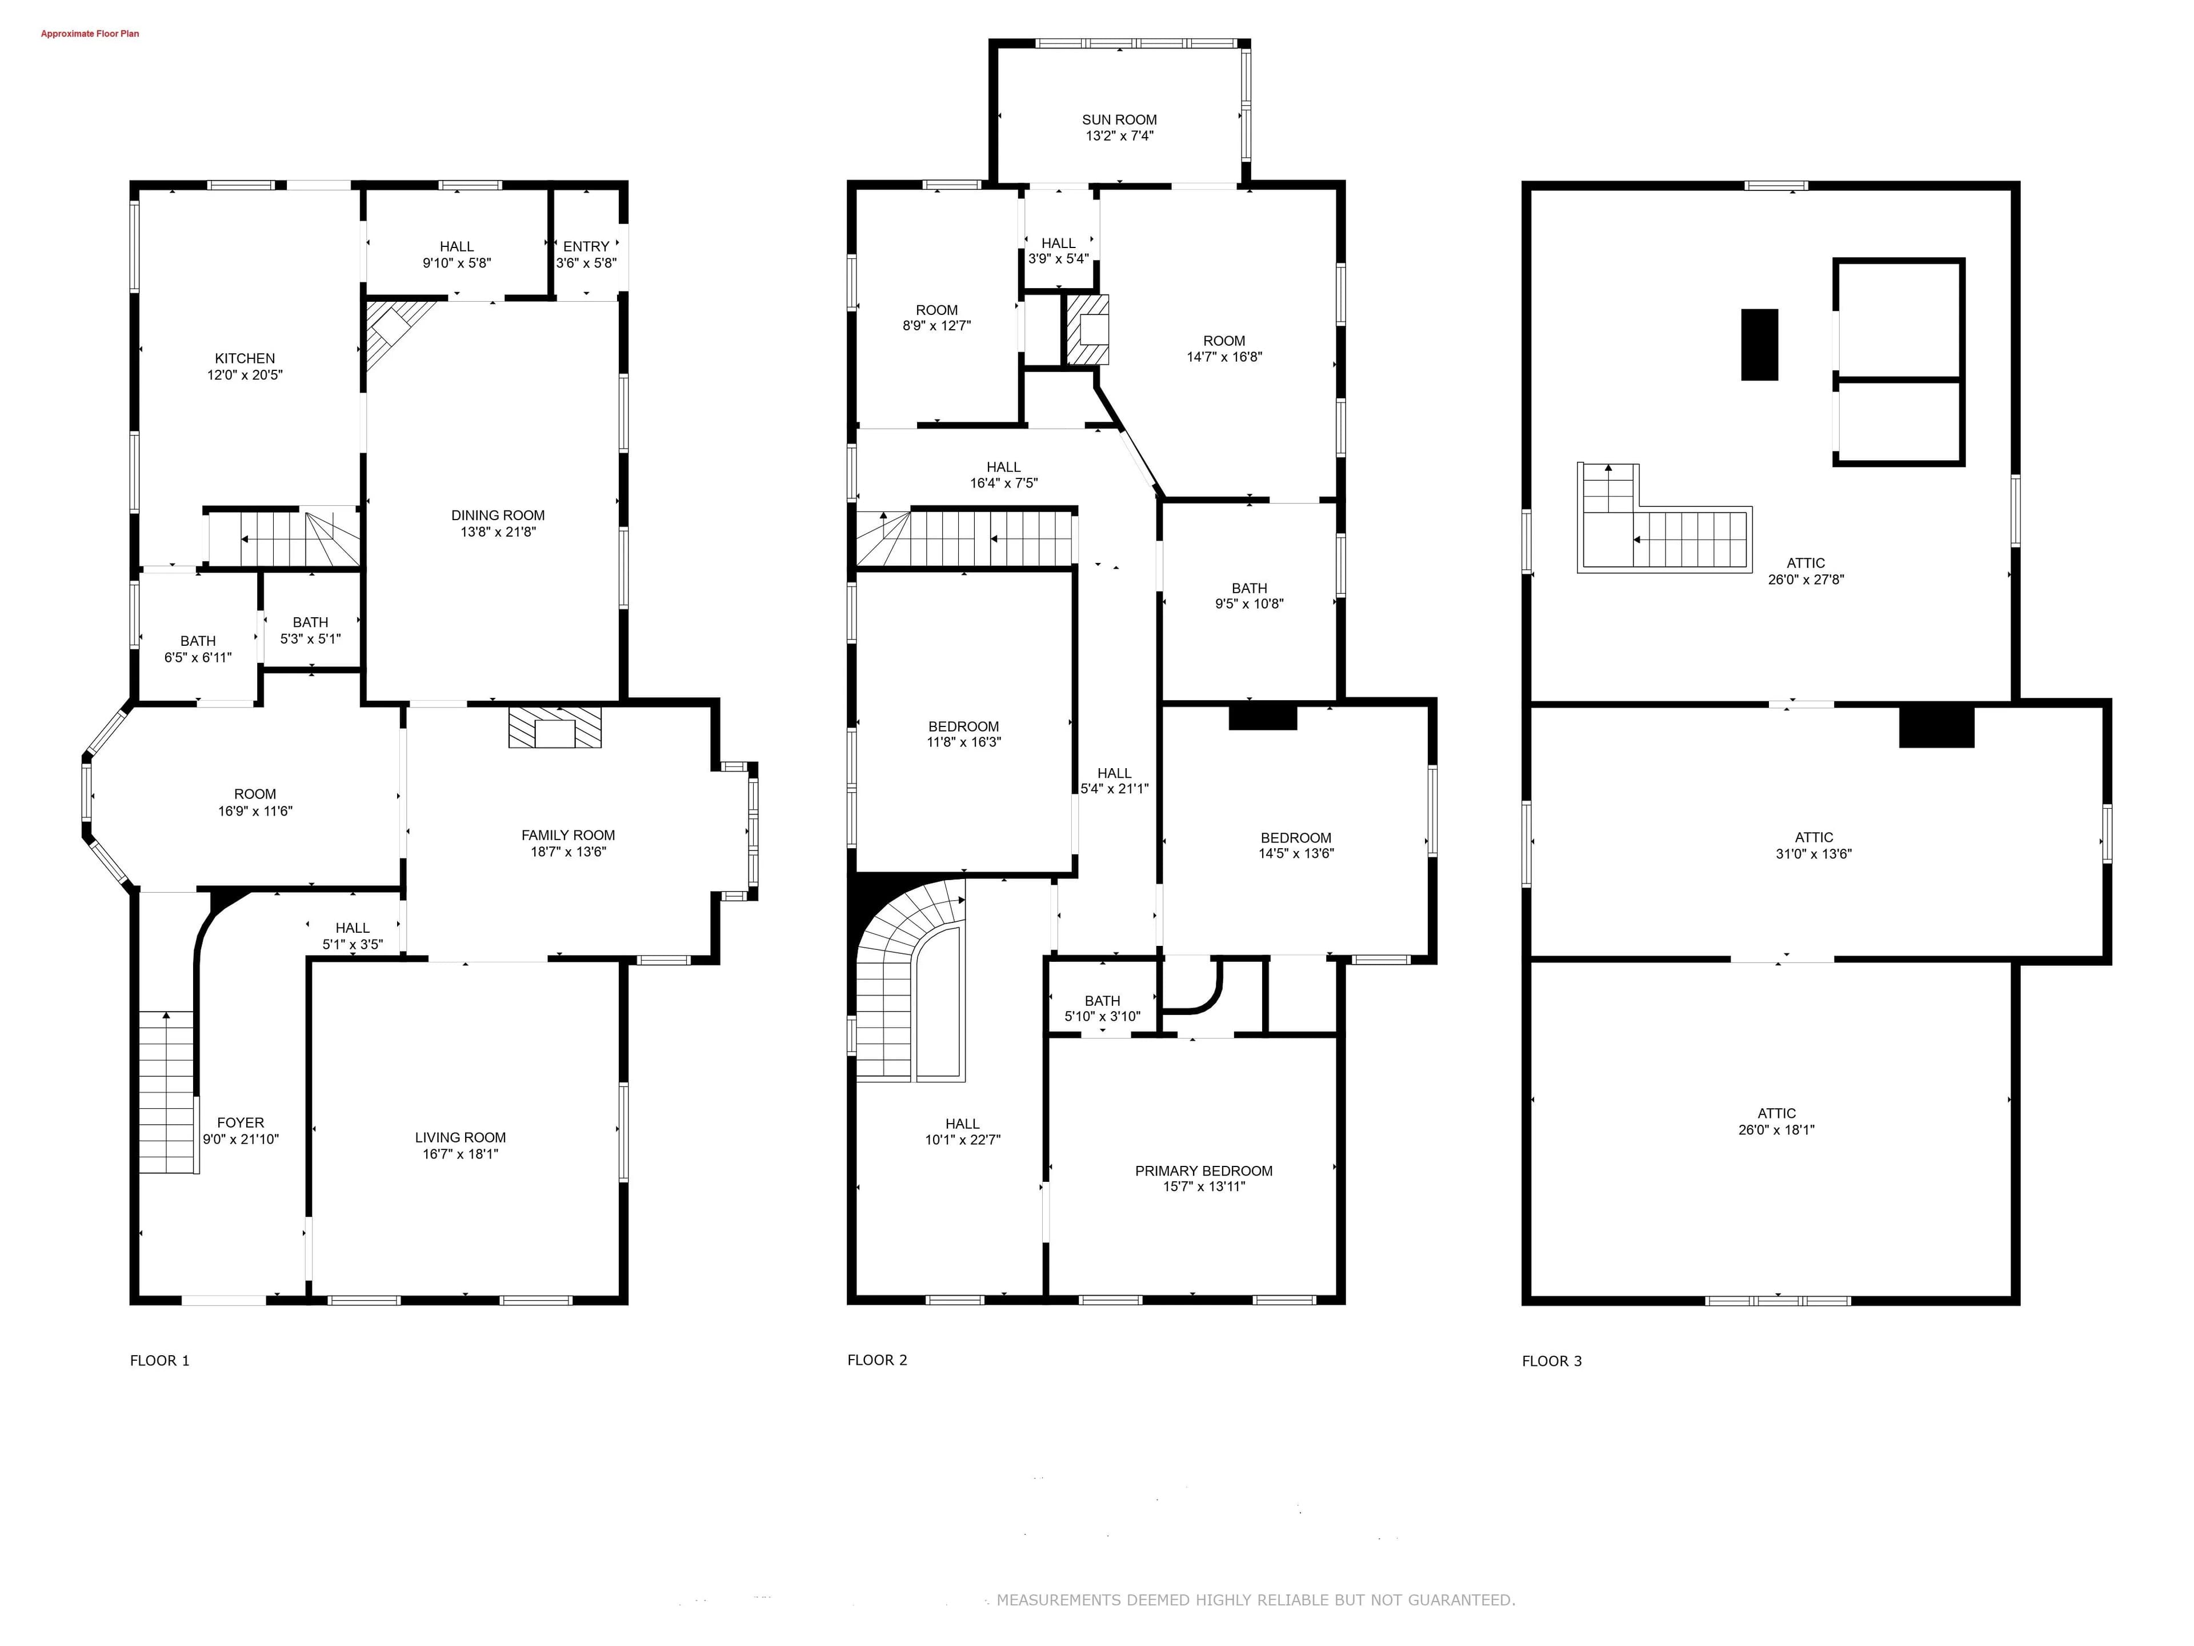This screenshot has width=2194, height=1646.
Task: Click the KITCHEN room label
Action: tap(245, 358)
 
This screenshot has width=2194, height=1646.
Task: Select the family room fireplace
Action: tap(555, 727)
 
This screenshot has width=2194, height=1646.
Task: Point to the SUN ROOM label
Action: tap(1119, 119)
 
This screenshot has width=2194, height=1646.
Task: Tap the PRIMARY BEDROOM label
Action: tap(1203, 1170)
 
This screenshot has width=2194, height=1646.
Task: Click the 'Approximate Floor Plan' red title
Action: tap(89, 34)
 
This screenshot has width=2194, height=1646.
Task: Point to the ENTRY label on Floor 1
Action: tap(586, 246)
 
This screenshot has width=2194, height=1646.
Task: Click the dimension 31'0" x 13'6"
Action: tap(1813, 853)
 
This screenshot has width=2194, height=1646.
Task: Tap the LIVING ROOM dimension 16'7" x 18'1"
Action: tap(460, 1154)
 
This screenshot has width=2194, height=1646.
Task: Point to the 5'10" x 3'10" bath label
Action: tap(1102, 1016)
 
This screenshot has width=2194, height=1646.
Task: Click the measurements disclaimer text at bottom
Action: tap(1256, 1599)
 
